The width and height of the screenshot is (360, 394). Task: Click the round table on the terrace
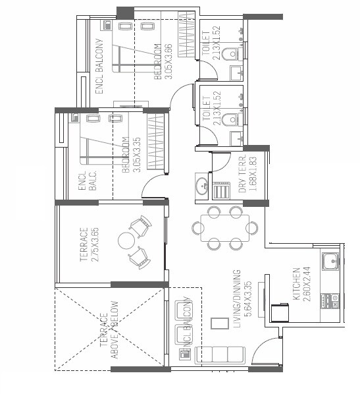pos(126,241)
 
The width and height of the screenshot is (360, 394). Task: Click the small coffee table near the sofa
pos(217,324)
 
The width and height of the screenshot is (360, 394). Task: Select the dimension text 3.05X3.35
pos(136,155)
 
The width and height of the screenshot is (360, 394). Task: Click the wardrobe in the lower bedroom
pos(155,142)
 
